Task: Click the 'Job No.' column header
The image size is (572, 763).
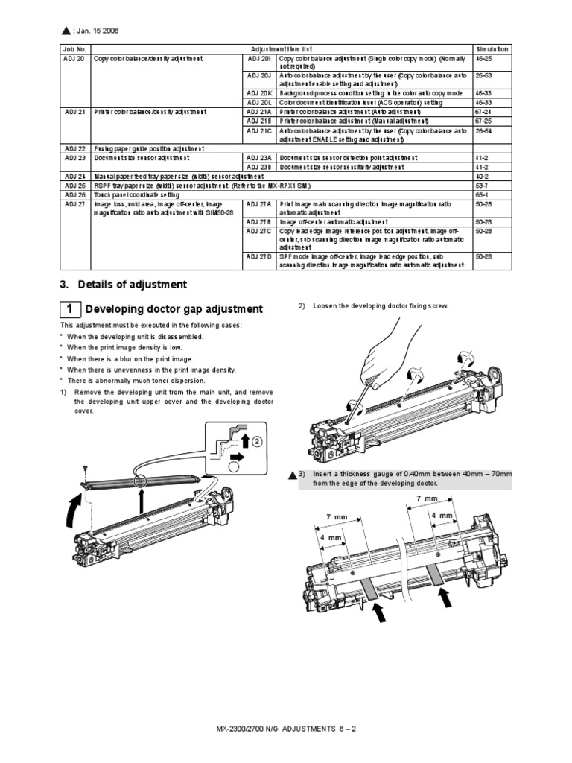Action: tap(73, 48)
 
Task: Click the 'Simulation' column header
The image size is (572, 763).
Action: tap(491, 48)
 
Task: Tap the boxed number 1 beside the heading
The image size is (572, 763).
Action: tap(69, 309)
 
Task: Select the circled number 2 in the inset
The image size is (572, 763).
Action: tap(257, 440)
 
